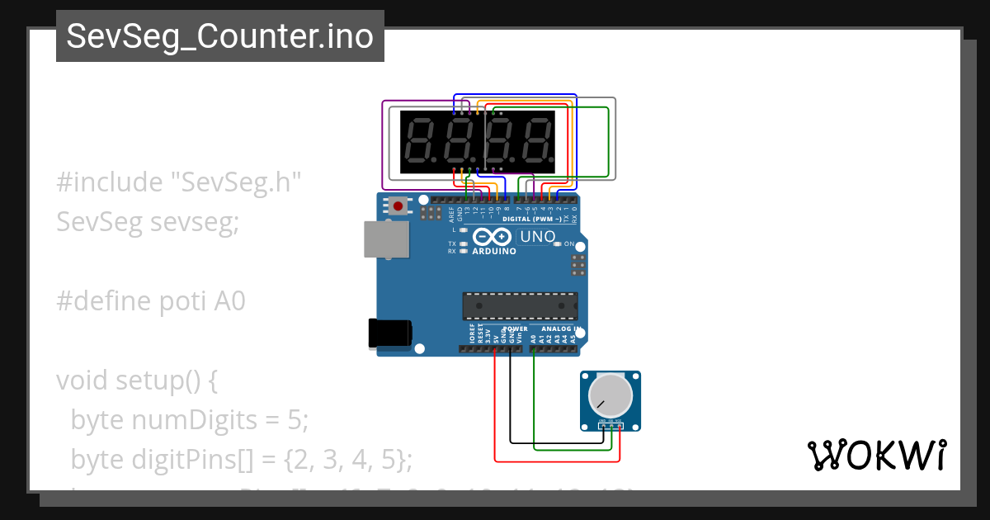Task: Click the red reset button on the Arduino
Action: pyautogui.click(x=398, y=205)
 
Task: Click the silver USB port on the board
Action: pyautogui.click(x=384, y=239)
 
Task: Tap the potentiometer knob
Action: pyautogui.click(x=609, y=396)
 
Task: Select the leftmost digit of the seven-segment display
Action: pyautogui.click(x=421, y=139)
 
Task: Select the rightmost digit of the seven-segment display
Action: pyautogui.click(x=538, y=139)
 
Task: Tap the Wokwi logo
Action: pyautogui.click(x=876, y=455)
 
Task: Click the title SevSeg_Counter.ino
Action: pyautogui.click(x=219, y=36)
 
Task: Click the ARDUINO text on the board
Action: pyautogui.click(x=493, y=251)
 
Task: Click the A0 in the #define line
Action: pyautogui.click(x=230, y=301)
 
